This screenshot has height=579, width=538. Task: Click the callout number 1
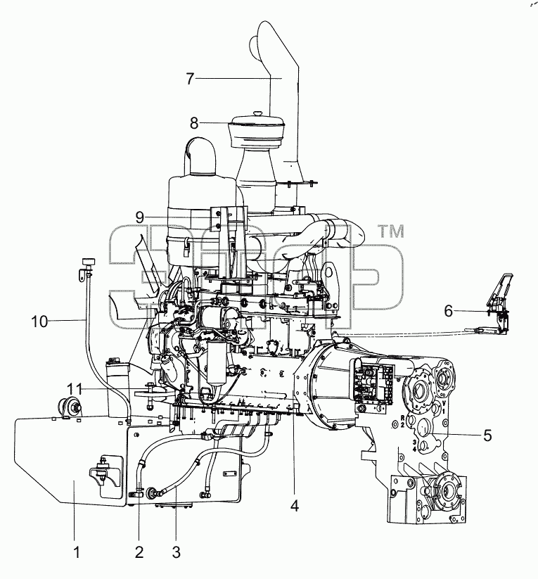pyautogui.click(x=77, y=552)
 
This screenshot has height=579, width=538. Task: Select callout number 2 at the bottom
pyautogui.click(x=139, y=552)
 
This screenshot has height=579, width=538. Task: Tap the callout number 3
pyautogui.click(x=176, y=552)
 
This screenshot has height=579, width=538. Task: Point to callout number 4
pyautogui.click(x=294, y=506)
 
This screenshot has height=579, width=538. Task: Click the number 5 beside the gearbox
pyautogui.click(x=487, y=435)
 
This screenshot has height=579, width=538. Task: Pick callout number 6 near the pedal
pyautogui.click(x=448, y=311)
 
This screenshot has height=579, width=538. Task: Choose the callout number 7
pyautogui.click(x=190, y=79)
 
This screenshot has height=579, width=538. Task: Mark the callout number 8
pyautogui.click(x=194, y=123)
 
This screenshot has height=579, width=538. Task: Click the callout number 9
pyautogui.click(x=139, y=217)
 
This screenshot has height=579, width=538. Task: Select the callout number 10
pyautogui.click(x=39, y=322)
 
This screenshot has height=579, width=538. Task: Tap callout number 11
pyautogui.click(x=76, y=389)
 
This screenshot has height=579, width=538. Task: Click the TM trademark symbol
pyautogui.click(x=391, y=232)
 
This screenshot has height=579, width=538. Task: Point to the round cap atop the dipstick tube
pyautogui.click(x=88, y=262)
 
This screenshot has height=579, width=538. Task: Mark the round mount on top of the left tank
pyautogui.click(x=69, y=407)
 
